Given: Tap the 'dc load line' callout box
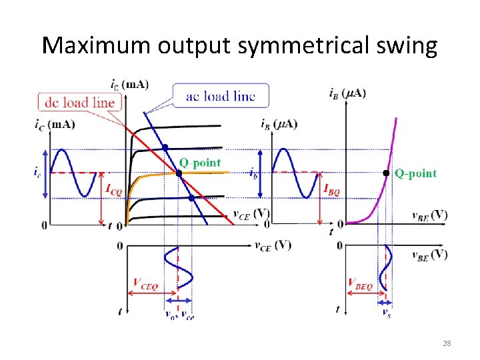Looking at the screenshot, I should [80, 102].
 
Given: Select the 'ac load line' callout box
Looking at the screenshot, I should [221, 96].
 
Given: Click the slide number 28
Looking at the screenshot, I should [446, 343].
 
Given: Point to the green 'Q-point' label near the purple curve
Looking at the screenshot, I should [416, 173].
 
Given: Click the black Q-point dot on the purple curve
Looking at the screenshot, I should [386, 173].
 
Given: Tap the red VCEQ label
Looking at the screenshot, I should [145, 285].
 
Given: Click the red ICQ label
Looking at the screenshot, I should [114, 190].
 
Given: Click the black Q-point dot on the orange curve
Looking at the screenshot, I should [179, 173].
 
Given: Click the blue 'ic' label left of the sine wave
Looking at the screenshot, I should [37, 172].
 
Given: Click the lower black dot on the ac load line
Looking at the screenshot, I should [191, 198].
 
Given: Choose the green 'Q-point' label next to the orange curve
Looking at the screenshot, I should [200, 162].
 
